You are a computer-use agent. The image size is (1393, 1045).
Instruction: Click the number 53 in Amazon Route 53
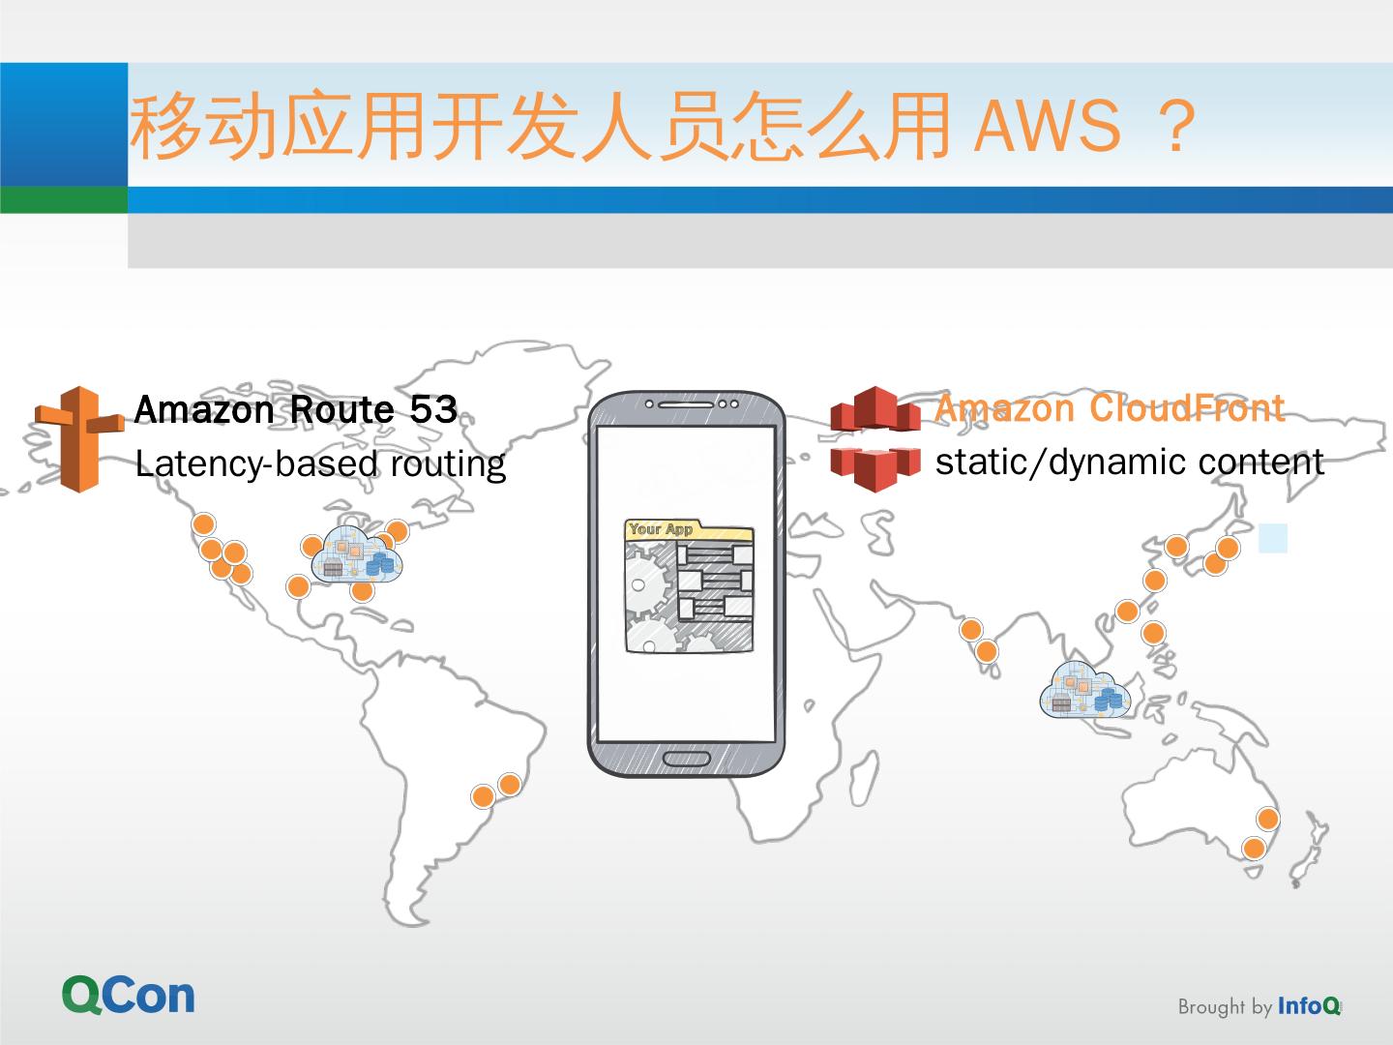[x=432, y=410]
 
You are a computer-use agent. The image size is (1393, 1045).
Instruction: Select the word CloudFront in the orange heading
[x=1187, y=408]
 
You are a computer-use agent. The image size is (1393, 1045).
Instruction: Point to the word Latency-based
[x=255, y=464]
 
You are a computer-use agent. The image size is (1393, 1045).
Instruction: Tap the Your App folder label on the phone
[x=662, y=529]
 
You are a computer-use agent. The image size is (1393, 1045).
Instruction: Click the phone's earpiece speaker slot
[x=687, y=403]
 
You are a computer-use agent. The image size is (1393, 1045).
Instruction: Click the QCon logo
[x=129, y=996]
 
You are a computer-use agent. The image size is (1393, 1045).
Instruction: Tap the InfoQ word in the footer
[x=1309, y=1006]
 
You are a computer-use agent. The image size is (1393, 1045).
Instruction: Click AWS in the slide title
[x=1047, y=128]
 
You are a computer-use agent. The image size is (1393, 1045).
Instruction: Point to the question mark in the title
[x=1176, y=128]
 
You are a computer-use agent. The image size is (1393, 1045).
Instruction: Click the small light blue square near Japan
[x=1273, y=539]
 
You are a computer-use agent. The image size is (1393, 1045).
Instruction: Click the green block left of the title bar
[x=64, y=199]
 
